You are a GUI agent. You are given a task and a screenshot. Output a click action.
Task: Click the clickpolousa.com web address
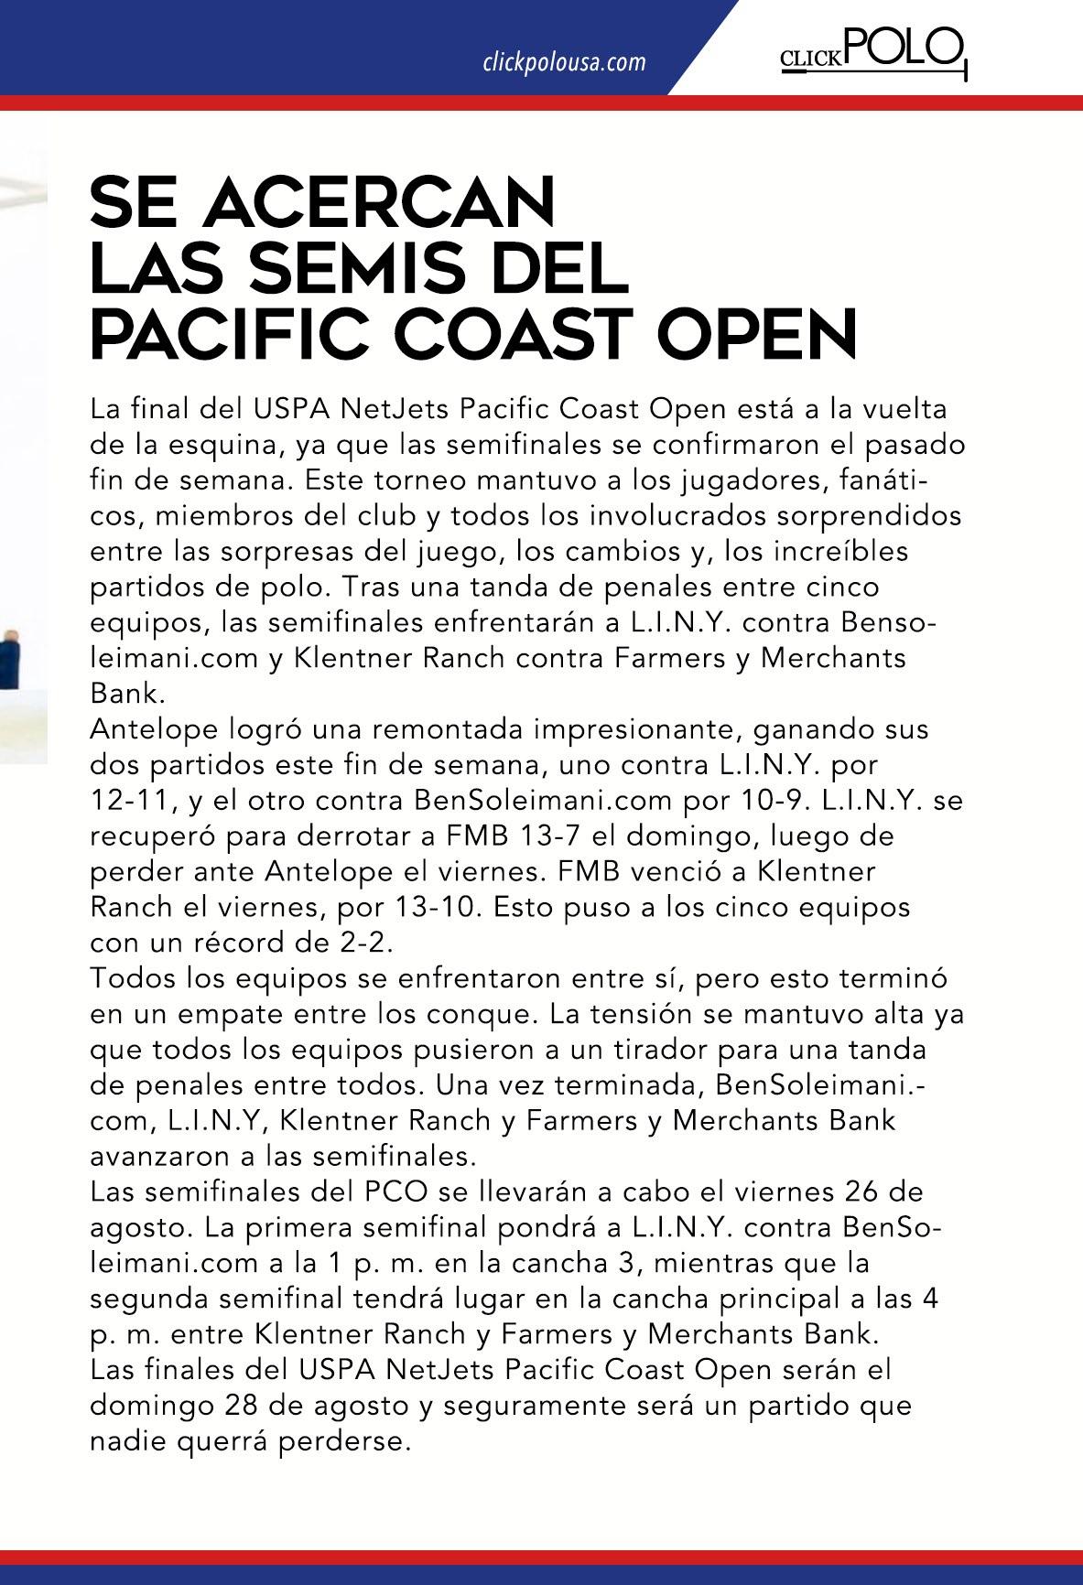pos(564,62)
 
